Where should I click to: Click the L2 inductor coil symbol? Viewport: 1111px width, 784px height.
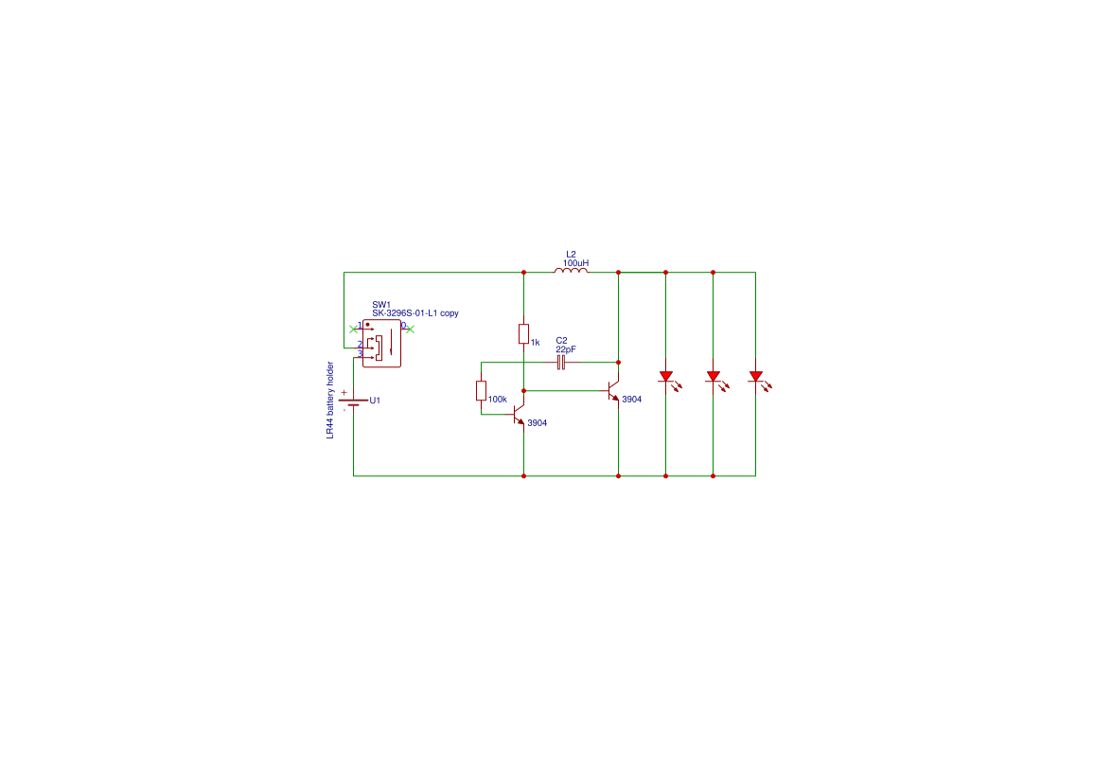(x=571, y=271)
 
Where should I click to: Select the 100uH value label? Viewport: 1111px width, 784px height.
(x=575, y=263)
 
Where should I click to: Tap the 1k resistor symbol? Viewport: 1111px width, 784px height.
(x=523, y=333)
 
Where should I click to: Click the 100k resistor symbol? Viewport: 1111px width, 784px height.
(x=481, y=391)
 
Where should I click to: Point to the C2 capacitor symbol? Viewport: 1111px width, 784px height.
(x=561, y=362)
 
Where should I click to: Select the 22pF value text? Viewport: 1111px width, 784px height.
(x=566, y=349)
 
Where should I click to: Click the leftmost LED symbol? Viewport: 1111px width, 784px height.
(x=665, y=377)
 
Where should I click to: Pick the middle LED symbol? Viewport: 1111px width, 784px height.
(x=713, y=377)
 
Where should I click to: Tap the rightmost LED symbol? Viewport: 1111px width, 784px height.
(x=755, y=377)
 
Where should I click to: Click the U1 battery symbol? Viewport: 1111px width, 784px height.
(x=353, y=402)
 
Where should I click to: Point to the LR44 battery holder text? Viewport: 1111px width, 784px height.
(x=330, y=400)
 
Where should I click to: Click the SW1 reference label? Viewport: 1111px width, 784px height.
(x=381, y=305)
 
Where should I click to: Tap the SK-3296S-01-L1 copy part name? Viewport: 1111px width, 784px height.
(x=414, y=313)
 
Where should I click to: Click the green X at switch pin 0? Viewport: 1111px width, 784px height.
(x=410, y=329)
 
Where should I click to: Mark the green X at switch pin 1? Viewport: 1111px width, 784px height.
(x=353, y=329)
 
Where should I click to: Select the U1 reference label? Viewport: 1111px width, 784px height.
(x=375, y=401)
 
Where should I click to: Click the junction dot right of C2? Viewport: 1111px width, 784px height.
(x=618, y=362)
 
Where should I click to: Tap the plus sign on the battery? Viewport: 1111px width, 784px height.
(x=344, y=392)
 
